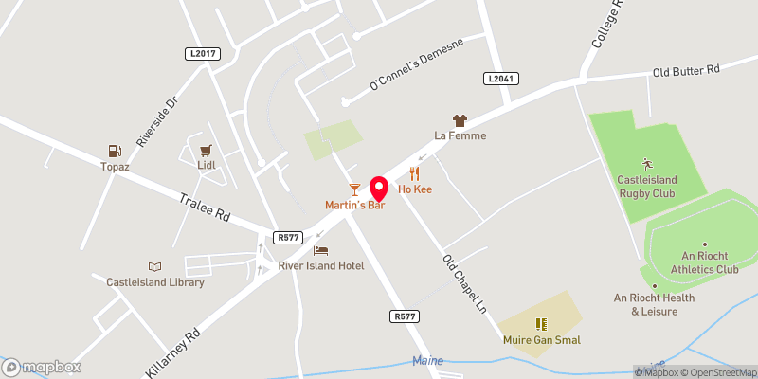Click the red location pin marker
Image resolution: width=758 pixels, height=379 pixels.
[x=379, y=189]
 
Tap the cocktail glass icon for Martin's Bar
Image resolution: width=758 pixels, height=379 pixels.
[x=354, y=189]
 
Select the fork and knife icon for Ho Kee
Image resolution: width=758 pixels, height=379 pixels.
[x=415, y=173]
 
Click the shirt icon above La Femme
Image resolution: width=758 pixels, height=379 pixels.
[x=460, y=120]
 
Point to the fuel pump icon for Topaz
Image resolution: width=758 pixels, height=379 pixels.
[x=115, y=150]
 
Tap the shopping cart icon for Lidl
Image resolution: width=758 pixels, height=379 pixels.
[x=206, y=150]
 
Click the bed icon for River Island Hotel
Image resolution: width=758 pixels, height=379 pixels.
[x=320, y=251]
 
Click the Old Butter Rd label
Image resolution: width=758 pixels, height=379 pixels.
[x=687, y=71]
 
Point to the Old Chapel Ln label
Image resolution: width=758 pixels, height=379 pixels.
[x=463, y=284]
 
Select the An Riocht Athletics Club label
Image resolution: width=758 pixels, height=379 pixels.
[x=695, y=262]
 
